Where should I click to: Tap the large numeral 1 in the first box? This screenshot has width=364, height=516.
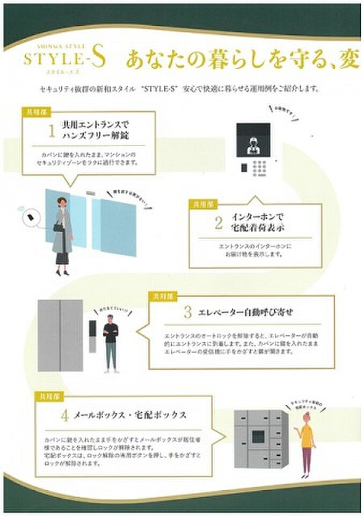tap(52, 131)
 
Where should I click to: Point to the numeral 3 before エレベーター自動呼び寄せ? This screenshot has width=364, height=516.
tap(187, 311)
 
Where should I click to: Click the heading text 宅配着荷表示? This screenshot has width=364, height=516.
tap(257, 229)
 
